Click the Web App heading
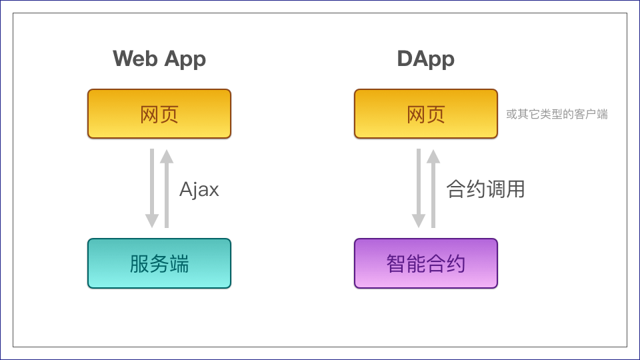click(159, 59)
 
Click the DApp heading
click(425, 59)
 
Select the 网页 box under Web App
click(159, 114)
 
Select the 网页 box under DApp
click(425, 114)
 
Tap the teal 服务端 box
click(159, 263)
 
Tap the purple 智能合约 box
click(425, 263)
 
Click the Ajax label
click(199, 189)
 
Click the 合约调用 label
click(485, 189)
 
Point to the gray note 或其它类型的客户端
click(557, 114)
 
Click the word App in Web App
click(185, 59)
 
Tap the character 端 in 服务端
click(179, 264)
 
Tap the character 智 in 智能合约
click(396, 264)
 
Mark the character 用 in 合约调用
click(515, 189)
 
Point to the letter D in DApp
click(405, 59)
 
